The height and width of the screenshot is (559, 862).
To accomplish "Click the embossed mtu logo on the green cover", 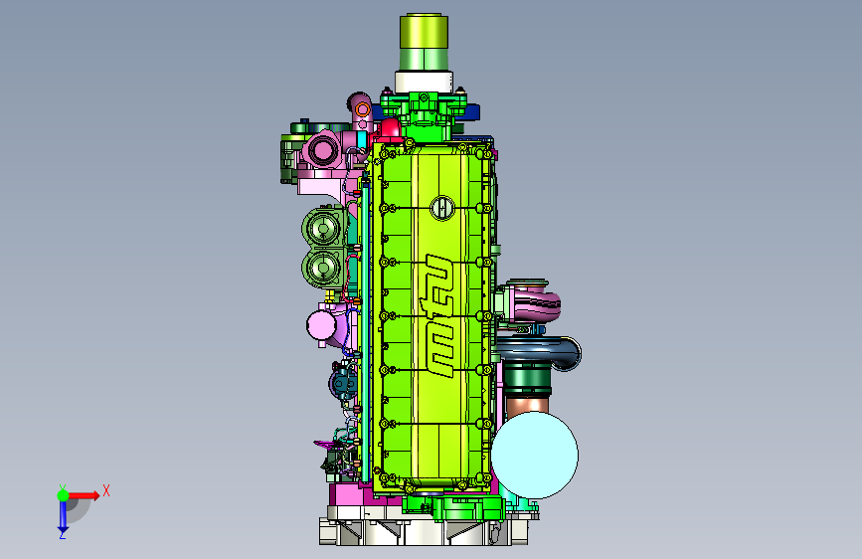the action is (x=438, y=315).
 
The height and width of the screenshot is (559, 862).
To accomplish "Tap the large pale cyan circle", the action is (x=534, y=455).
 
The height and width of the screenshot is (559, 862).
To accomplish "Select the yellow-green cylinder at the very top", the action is (x=424, y=42).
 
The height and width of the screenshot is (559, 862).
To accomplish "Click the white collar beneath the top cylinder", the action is (x=424, y=82).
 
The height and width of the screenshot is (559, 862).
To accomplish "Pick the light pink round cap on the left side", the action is (x=321, y=325).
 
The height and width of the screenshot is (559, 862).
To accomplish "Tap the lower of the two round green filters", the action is (x=323, y=268).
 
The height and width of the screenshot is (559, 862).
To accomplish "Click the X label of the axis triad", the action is (x=106, y=490).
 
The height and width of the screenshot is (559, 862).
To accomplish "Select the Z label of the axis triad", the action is (x=62, y=534).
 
